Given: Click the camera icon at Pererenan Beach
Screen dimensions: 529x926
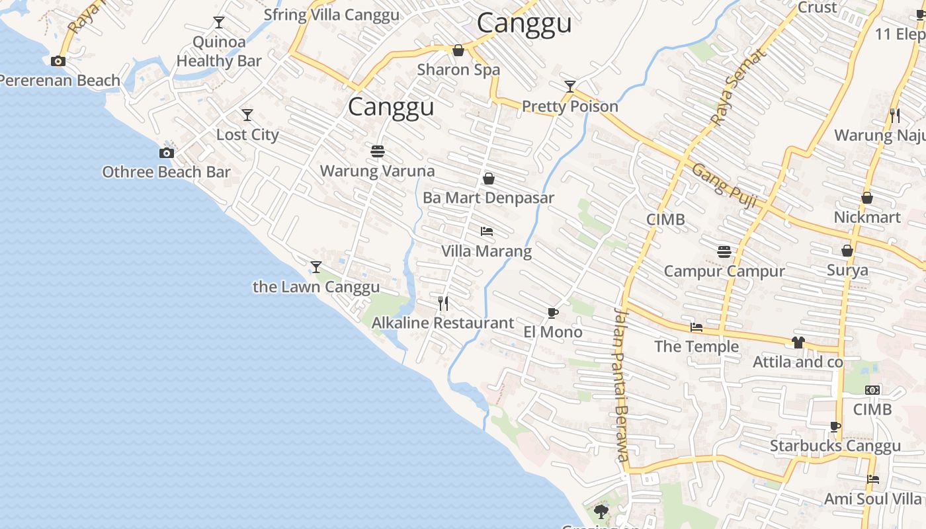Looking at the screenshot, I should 58,61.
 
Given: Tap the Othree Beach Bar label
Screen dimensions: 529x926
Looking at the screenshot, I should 166,172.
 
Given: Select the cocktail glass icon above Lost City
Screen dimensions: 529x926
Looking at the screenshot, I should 247,115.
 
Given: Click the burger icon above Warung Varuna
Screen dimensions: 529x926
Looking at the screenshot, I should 378,151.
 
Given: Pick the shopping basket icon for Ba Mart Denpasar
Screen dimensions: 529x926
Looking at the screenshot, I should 489,179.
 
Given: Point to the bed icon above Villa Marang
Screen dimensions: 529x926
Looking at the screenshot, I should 487,231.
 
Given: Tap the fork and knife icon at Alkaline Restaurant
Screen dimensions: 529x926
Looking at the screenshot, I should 443,304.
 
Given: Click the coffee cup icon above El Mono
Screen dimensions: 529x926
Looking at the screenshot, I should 553,313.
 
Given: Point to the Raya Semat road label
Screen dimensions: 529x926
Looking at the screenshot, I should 738,87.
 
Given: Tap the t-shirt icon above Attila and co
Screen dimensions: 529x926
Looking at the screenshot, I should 798,343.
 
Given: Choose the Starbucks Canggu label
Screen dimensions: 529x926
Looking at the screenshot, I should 835,446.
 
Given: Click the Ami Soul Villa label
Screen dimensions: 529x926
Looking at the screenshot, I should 872,499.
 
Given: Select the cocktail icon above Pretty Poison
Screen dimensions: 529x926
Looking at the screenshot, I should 570,87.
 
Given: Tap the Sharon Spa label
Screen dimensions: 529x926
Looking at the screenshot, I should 458,69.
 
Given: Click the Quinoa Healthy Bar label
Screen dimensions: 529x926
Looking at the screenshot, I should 219,52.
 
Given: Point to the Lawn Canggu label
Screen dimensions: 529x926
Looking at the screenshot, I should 316,287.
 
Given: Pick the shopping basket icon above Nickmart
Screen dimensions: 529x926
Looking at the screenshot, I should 867,198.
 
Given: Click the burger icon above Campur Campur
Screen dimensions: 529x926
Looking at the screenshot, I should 724,252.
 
